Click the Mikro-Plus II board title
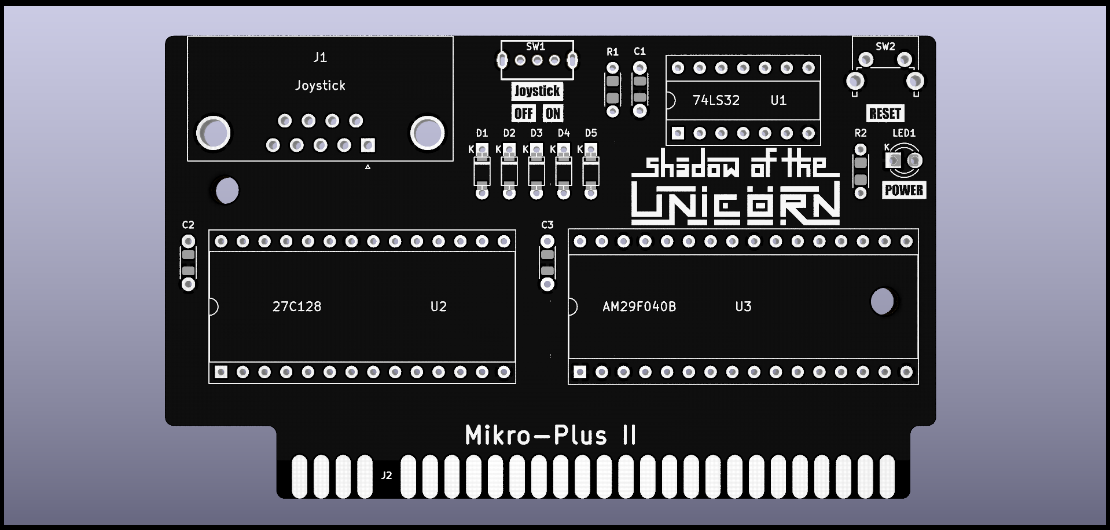pos(550,436)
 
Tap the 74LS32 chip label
pos(716,100)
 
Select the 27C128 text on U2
pos(296,306)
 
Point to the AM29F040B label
pos(639,306)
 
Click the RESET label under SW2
pos(885,114)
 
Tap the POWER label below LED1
pos(903,190)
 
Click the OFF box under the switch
pos(523,114)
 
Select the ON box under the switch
pos(553,114)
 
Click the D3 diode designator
pos(536,133)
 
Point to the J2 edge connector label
pos(387,476)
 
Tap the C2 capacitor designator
pos(188,225)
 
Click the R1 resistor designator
pos(612,52)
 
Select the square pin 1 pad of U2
pos(220,372)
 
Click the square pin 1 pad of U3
pos(580,372)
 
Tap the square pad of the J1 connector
pos(367,145)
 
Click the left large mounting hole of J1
pos(214,133)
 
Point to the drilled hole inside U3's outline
pos(882,301)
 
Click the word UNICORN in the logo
pos(735,204)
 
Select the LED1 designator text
pos(903,133)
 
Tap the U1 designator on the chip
pos(778,100)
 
